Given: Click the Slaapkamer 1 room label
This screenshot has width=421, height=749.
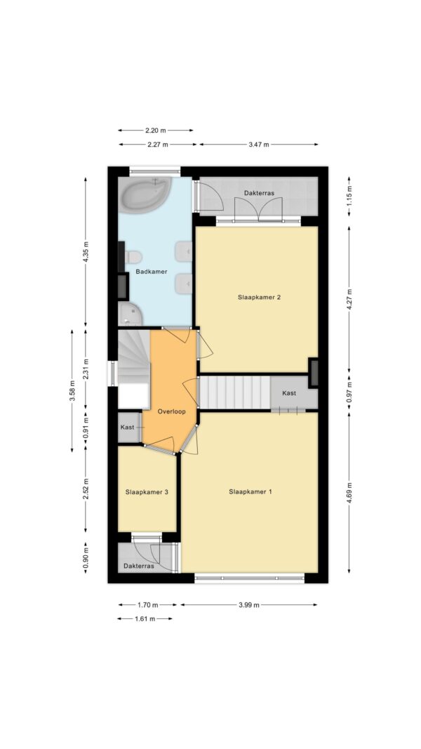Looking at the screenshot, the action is tap(250, 491).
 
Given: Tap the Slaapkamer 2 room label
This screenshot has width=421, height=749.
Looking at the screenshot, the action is tap(259, 297).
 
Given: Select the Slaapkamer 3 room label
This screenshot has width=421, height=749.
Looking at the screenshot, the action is tap(147, 491).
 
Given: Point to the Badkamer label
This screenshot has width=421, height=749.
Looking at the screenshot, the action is tap(152, 272).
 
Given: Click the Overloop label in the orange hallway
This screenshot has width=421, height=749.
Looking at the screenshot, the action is tap(171, 411).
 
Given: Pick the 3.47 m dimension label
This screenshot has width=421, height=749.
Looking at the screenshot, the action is tap(259, 145).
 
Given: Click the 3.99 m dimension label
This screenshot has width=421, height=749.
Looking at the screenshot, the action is tap(248, 604).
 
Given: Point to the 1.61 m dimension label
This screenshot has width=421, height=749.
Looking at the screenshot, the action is tap(145, 618).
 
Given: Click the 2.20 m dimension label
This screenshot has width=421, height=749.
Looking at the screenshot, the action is tap(156, 130).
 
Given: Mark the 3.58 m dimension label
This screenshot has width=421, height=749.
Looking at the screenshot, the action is tap(72, 391).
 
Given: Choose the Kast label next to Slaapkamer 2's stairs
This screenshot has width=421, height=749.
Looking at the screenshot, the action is tap(289, 393).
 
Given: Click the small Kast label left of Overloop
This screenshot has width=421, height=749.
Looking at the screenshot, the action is tap(128, 427).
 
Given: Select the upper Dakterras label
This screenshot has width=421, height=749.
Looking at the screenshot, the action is tap(259, 194).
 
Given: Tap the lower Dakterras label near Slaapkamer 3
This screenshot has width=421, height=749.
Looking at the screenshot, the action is tap(138, 566).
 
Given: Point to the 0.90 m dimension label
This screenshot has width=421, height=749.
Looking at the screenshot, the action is tap(86, 558).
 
